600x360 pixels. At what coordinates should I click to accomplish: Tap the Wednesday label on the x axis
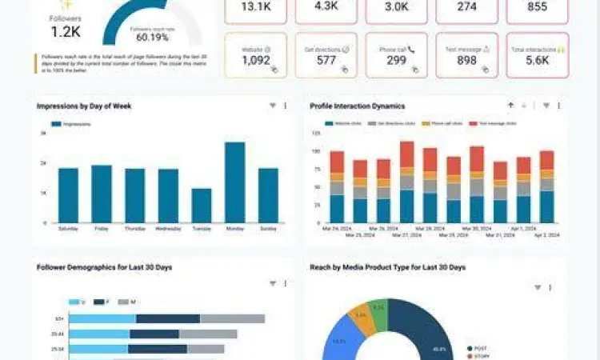pos(168,228)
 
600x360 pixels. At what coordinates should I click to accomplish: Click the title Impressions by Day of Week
pos(84,106)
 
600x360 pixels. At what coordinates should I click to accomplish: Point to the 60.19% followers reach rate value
pos(152,36)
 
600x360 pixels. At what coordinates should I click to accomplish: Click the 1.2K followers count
pos(66,33)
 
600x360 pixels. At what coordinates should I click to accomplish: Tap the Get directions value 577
pos(326,60)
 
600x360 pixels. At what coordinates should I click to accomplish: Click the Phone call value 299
pos(396,60)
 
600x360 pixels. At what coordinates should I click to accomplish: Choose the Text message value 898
pos(466,60)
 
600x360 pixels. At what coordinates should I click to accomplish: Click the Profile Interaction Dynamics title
pos(357,106)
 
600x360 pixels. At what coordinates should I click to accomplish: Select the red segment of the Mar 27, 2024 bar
pos(407,154)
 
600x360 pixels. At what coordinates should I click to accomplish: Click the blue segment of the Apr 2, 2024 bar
pos(547,206)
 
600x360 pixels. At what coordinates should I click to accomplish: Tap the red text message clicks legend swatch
pos(473,124)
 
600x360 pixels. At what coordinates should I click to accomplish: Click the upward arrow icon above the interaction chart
pos(510,106)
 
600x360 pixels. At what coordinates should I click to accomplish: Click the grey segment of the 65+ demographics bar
pos(232,318)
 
